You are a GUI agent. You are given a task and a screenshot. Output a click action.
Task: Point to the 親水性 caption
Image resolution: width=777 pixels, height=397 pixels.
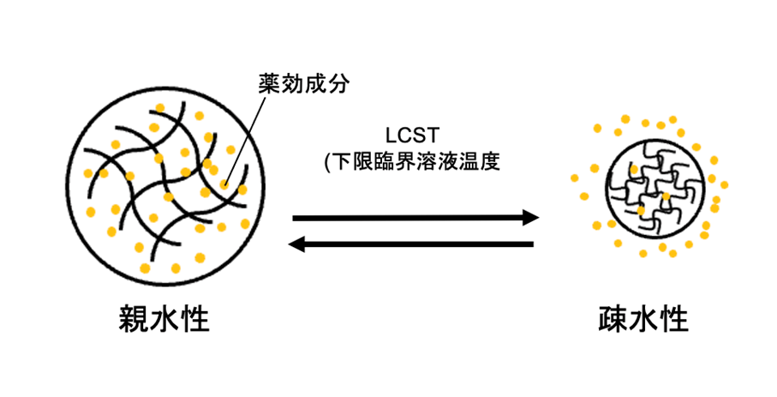point(164,320)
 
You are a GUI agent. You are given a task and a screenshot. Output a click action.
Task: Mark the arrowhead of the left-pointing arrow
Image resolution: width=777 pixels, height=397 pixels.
point(298,244)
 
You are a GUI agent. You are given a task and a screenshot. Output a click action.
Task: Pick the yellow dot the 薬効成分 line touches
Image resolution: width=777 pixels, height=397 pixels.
point(224,183)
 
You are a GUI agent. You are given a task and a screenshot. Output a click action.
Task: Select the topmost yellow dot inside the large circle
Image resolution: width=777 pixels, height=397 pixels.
point(158,107)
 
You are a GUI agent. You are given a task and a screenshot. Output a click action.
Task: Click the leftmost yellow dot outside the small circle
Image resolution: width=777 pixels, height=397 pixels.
point(576,178)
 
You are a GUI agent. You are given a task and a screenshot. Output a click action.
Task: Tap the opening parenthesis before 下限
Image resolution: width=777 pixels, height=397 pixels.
point(326,161)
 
